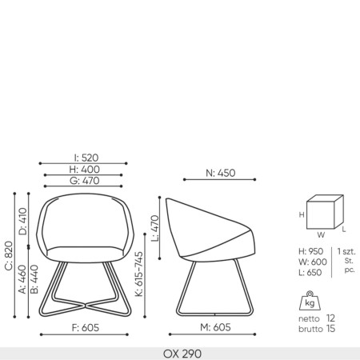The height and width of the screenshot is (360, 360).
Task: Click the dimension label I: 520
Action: pyautogui.click(x=85, y=158)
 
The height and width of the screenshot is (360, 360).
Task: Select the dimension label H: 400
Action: pyautogui.click(x=85, y=169)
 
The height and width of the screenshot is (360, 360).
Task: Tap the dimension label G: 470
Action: pyautogui.click(x=85, y=181)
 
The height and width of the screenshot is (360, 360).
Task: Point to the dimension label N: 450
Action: pyautogui.click(x=220, y=172)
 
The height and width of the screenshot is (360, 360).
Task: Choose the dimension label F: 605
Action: pyautogui.click(x=85, y=326)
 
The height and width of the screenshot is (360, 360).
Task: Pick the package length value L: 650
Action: pyautogui.click(x=310, y=273)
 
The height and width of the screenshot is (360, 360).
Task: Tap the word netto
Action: pyautogui.click(x=311, y=318)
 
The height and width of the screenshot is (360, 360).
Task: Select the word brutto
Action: pyautogui.click(x=311, y=329)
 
